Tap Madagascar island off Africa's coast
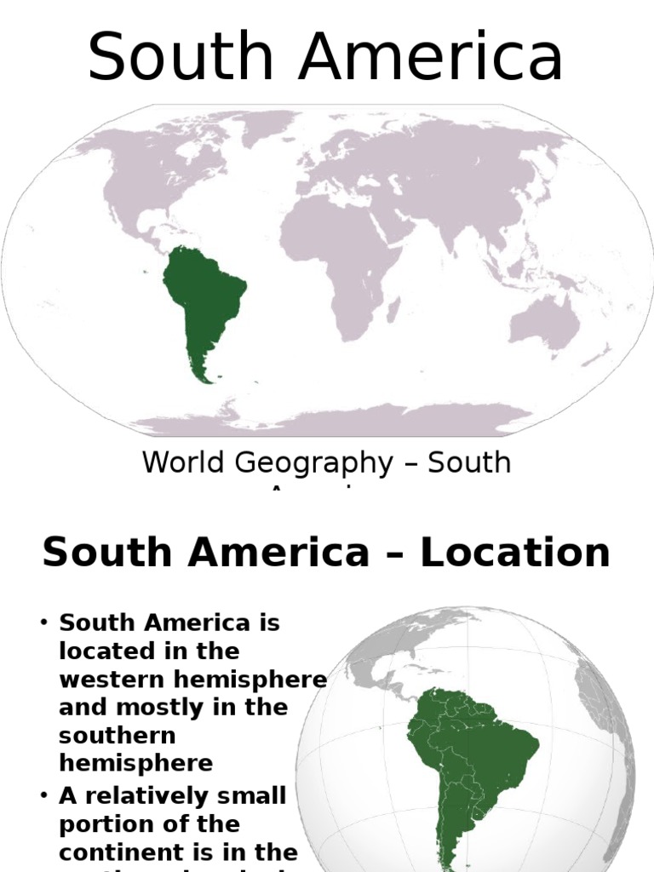[393, 307]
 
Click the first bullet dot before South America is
[43, 622]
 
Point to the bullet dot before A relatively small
[43, 795]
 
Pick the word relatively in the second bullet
[146, 795]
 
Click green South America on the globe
[464, 758]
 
